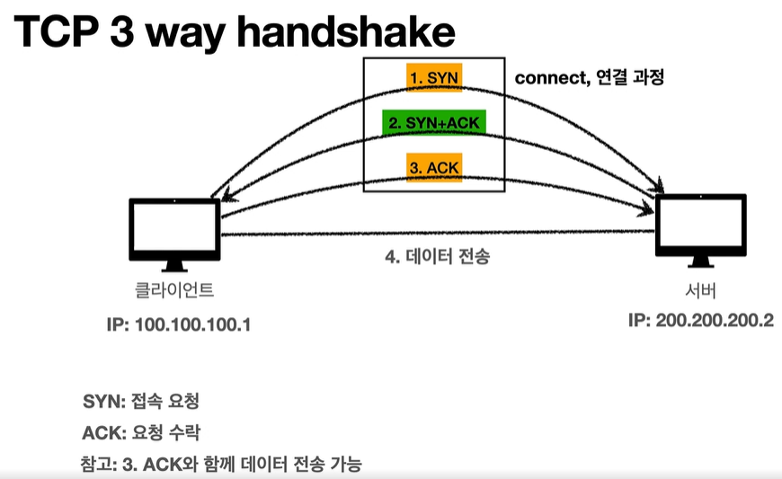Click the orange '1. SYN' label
(432, 78)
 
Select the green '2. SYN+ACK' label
(433, 122)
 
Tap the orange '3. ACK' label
(433, 167)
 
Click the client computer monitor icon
(174, 229)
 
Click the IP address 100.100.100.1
(177, 323)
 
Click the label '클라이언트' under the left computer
(173, 291)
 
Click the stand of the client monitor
(174, 265)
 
